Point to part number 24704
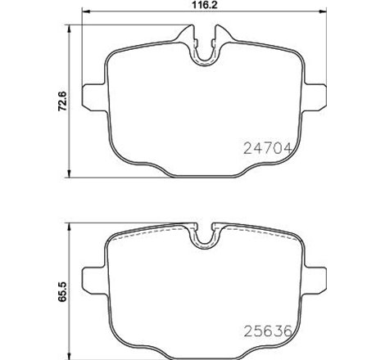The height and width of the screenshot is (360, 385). click(x=269, y=149)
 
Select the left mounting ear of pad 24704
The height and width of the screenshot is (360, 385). click(x=93, y=91)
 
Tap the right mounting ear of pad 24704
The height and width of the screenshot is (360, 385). click(x=315, y=91)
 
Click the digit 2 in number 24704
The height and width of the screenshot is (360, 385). click(x=249, y=149)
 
